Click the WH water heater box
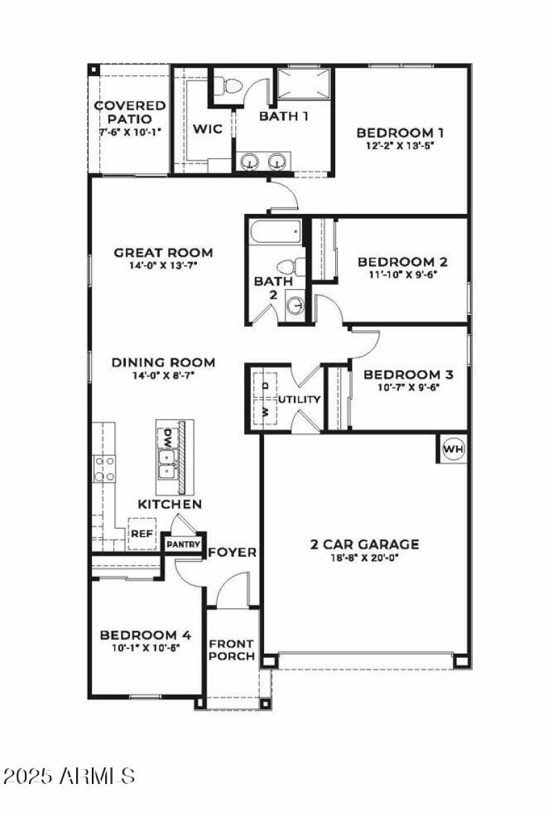tap(453, 449)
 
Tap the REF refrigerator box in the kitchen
tap(142, 534)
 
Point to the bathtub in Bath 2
tap(274, 231)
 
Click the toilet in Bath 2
tap(291, 266)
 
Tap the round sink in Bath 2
tap(295, 305)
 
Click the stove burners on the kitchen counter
tap(104, 468)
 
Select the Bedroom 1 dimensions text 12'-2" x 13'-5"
tap(400, 146)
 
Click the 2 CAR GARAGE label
tap(364, 544)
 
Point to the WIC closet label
tap(207, 129)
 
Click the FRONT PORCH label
tap(232, 649)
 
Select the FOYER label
tap(232, 552)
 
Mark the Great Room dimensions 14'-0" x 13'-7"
tap(163, 265)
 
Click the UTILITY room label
tap(299, 399)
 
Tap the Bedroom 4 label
tap(145, 635)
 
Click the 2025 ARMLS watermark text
tap(68, 775)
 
